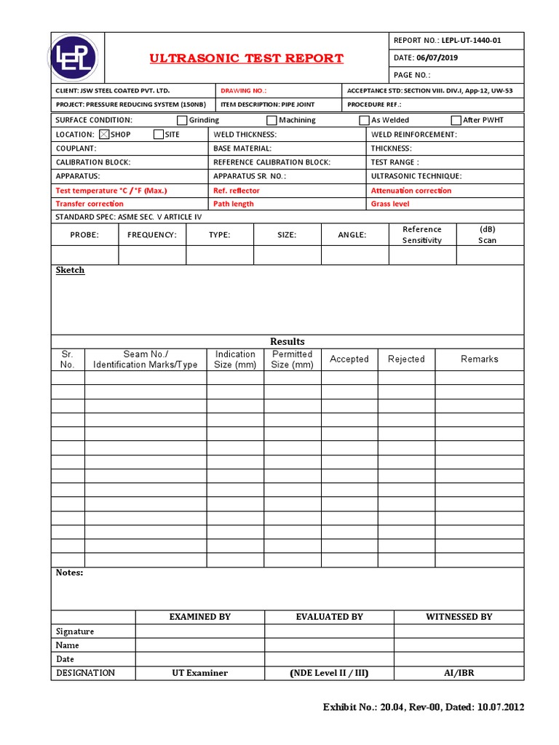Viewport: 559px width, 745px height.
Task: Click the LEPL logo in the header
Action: pos(76,58)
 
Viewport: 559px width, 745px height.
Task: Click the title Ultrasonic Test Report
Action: pos(246,58)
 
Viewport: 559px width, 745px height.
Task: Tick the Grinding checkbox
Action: pos(183,120)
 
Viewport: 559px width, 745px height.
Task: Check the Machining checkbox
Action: pos(271,120)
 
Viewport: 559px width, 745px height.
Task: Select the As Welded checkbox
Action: pos(364,120)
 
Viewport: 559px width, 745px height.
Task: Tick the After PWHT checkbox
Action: pos(456,120)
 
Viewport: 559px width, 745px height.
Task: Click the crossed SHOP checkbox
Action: pos(103,135)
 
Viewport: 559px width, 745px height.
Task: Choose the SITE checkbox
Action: pos(159,135)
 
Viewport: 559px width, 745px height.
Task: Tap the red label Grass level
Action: pos(390,204)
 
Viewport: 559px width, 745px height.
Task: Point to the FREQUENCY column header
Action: pos(152,235)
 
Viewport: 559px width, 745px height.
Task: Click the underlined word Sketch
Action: pos(70,270)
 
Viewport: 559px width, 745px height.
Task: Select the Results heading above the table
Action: pos(288,341)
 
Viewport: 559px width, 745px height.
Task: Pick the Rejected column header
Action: pos(406,359)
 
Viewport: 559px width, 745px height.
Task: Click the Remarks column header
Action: pos(480,359)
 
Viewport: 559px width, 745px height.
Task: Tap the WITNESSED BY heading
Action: pos(459,617)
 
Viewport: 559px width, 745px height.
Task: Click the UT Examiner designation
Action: pos(199,673)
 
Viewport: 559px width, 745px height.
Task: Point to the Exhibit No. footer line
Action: pos(423,707)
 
